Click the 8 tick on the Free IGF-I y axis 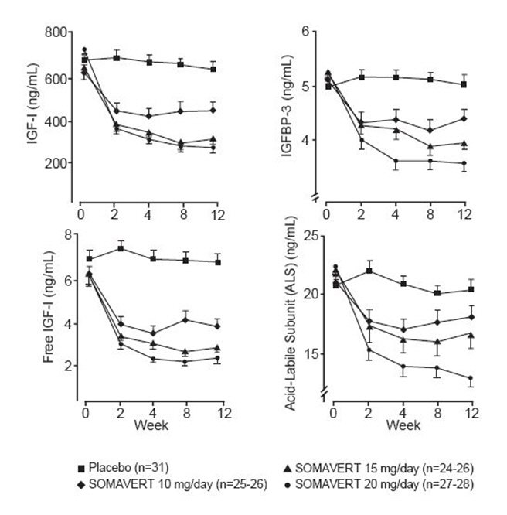pos(68,235)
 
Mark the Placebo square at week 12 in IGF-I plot pos(213,69)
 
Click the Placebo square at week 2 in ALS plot pos(370,271)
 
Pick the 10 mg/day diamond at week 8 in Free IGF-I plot pos(185,319)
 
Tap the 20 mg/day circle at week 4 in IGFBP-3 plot pos(396,161)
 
